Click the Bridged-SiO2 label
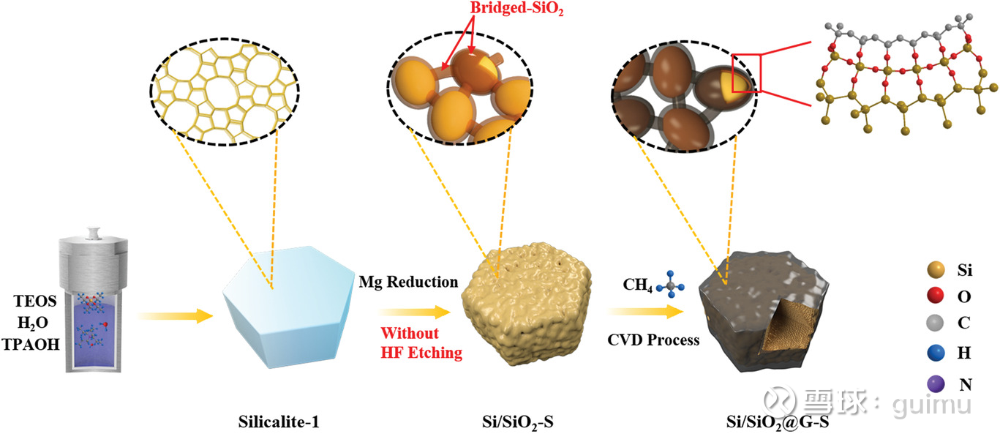pos(516,9)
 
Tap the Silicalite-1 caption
pos(279,422)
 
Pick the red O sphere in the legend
pos(936,296)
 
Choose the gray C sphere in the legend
pos(936,322)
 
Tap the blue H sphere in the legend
pos(936,353)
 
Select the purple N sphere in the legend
pos(936,384)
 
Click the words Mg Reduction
pos(408,283)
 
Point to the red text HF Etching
pos(421,352)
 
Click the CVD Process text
pos(653,340)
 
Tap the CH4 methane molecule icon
pos(671,285)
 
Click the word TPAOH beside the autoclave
pos(31,344)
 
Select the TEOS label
pos(35,301)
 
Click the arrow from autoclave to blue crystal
pos(176,315)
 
